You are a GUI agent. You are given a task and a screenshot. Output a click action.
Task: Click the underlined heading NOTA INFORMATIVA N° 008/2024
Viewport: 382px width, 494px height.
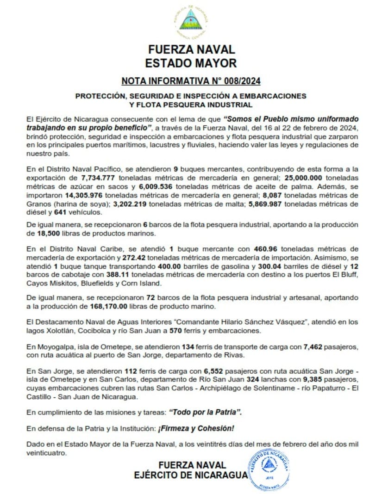click(x=191, y=81)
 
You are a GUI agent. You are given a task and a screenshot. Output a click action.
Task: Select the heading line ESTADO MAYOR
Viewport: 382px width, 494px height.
click(x=191, y=63)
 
